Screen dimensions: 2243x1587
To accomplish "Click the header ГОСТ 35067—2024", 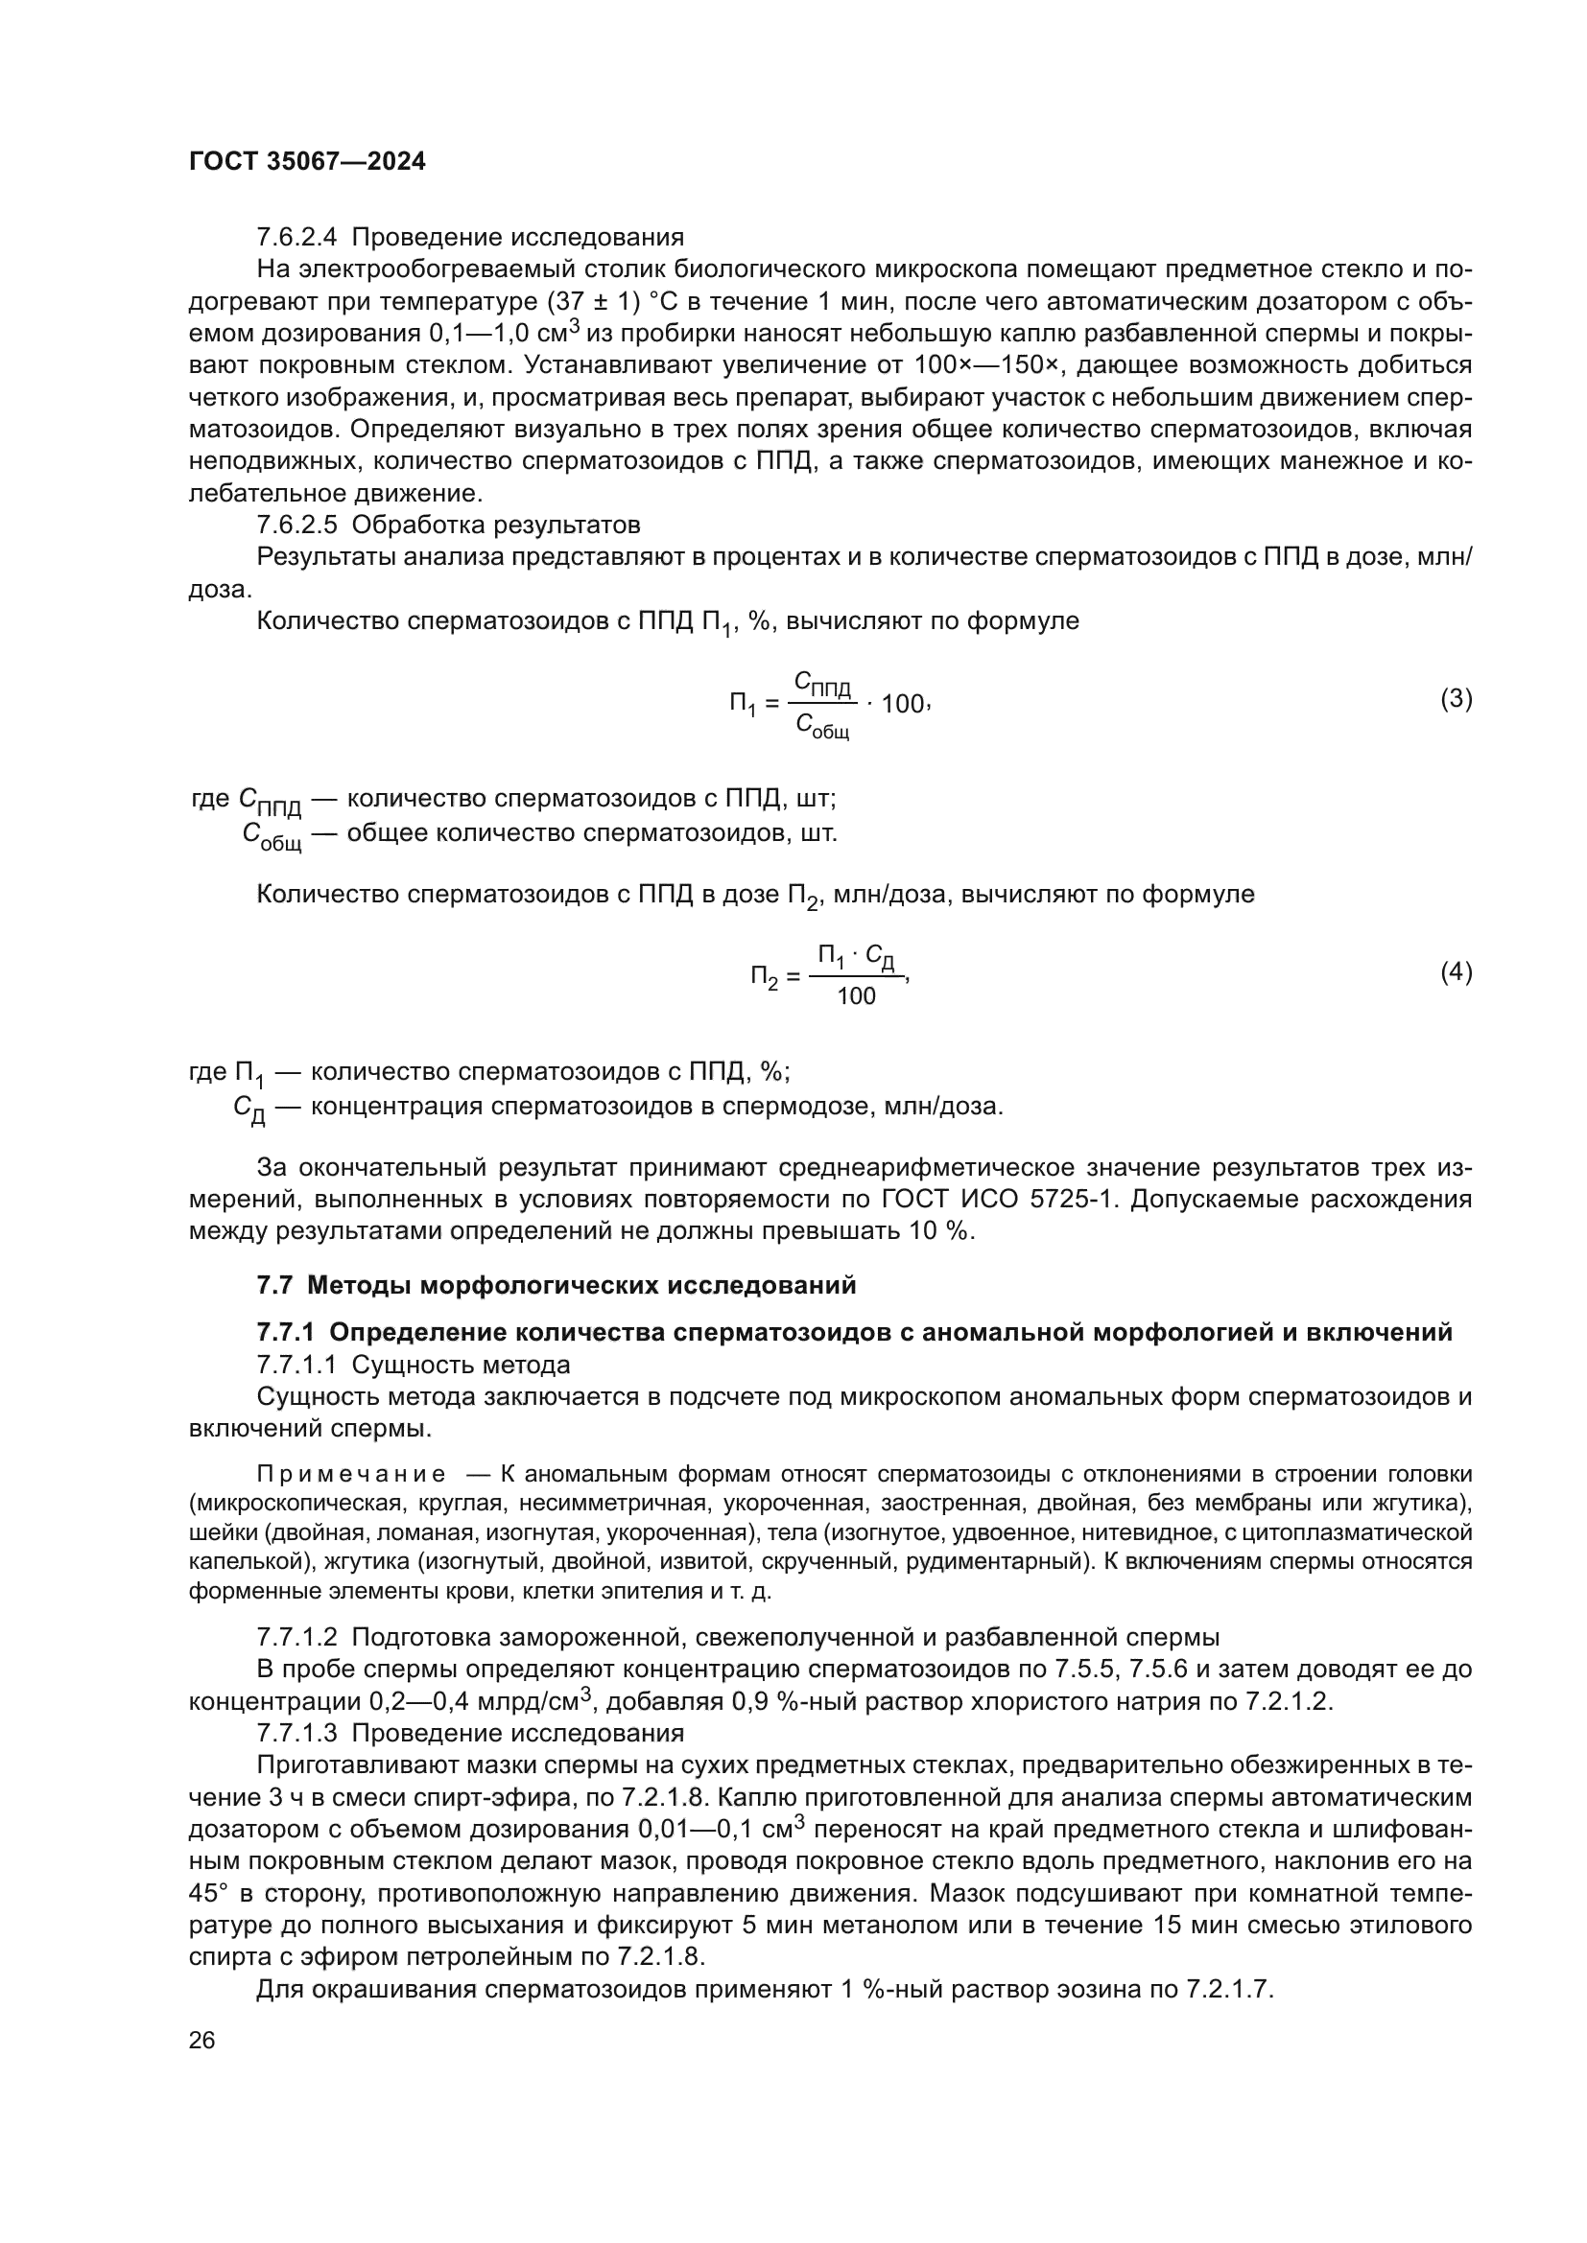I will [x=307, y=162].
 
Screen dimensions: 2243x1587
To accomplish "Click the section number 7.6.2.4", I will [x=296, y=238].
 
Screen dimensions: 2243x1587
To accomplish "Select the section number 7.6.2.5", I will [x=296, y=525].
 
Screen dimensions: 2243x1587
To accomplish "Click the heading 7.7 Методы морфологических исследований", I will [x=557, y=1285].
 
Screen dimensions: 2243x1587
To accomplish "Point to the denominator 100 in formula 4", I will [x=856, y=996].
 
